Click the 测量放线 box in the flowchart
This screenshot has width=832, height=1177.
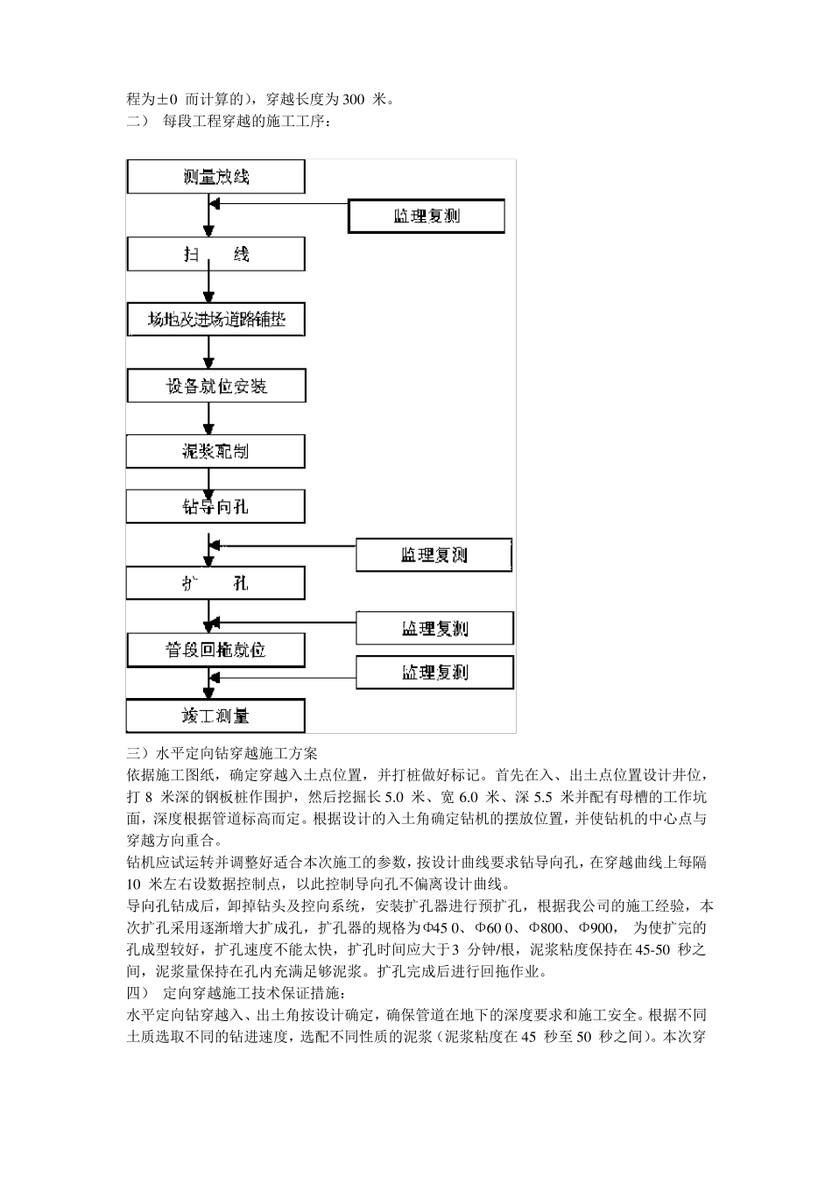[215, 177]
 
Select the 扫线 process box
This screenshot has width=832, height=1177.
[215, 255]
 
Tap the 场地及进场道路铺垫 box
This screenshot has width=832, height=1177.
[215, 321]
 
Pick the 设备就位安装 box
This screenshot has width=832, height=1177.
[215, 386]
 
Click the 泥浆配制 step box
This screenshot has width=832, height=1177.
[215, 452]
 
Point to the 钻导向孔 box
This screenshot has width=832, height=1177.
[215, 507]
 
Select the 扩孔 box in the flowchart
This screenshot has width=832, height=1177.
[215, 583]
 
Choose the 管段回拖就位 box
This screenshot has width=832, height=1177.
[215, 650]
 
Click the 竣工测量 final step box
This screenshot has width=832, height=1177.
[215, 715]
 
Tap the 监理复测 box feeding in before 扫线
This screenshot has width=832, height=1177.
[426, 215]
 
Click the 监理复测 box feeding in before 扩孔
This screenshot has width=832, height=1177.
[434, 555]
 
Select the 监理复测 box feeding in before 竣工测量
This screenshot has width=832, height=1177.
[434, 673]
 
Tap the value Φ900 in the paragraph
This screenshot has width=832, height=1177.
[596, 928]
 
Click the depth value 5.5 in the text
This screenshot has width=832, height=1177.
[546, 797]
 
